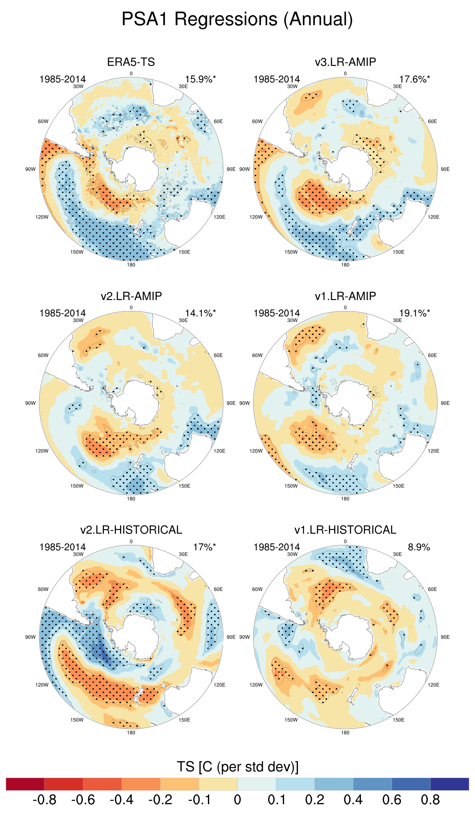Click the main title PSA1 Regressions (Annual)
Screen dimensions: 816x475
coord(237,19)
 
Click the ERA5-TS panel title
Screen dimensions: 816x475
coord(131,62)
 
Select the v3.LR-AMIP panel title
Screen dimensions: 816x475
coord(345,62)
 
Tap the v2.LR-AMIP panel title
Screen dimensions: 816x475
coord(131,296)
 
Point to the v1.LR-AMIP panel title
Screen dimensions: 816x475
coord(345,296)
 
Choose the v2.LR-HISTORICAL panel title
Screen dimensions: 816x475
coord(131,530)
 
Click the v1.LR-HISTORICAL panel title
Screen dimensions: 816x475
coord(345,530)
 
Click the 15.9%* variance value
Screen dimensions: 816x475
coord(200,79)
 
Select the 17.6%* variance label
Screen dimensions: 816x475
coord(415,79)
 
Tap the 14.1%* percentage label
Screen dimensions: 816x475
coord(200,313)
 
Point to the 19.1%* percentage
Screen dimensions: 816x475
coord(415,313)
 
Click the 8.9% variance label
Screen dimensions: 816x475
coord(419,547)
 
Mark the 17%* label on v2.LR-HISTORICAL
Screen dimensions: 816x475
coord(205,547)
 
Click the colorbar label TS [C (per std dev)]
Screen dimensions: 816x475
coord(237,767)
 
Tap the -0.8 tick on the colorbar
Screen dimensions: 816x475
coord(45,800)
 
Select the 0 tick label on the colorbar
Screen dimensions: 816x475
coord(237,800)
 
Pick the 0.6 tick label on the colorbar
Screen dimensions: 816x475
coord(392,800)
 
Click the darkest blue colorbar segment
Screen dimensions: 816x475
coord(449,784)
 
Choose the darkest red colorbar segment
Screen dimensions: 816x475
coord(25,784)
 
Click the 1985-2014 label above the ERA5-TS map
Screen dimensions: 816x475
coord(63,79)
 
